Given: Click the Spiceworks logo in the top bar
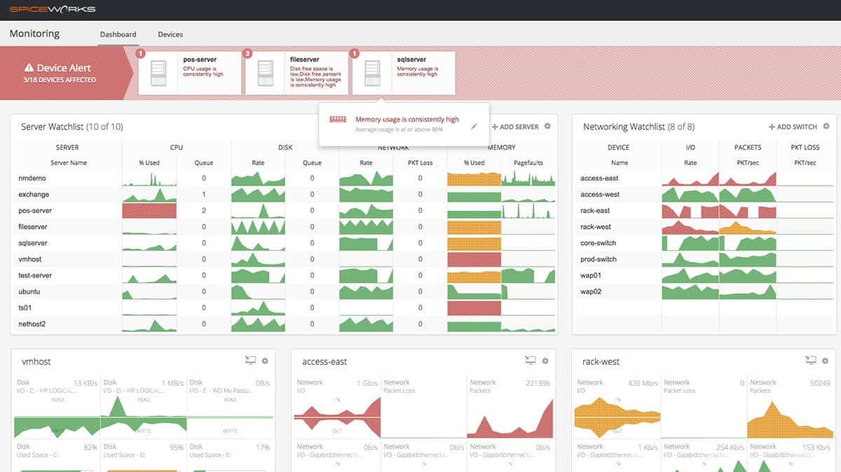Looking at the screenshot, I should pyautogui.click(x=53, y=9).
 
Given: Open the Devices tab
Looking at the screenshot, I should pyautogui.click(x=170, y=34).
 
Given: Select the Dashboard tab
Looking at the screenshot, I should pyautogui.click(x=118, y=34).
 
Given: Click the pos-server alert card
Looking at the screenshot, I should pyautogui.click(x=189, y=73).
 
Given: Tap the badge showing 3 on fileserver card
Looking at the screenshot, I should pyautogui.click(x=247, y=53).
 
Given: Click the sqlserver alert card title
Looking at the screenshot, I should pyautogui.click(x=411, y=60).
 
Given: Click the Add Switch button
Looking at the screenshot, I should pyautogui.click(x=793, y=127).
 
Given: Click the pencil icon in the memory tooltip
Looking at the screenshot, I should pyautogui.click(x=474, y=126).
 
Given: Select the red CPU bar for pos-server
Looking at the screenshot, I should pyautogui.click(x=149, y=211).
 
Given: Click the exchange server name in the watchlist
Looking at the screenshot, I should pyautogui.click(x=34, y=195).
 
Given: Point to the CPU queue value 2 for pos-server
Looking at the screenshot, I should pyautogui.click(x=204, y=211).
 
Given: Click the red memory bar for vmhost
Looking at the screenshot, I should pyautogui.click(x=474, y=259).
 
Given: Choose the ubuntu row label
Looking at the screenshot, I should pyautogui.click(x=30, y=292).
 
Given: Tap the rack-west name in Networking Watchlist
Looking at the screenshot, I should pyautogui.click(x=596, y=227).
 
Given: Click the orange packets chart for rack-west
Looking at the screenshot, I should pyautogui.click(x=747, y=227).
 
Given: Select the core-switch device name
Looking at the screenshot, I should pyautogui.click(x=598, y=243).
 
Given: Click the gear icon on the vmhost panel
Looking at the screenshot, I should pyautogui.click(x=265, y=361).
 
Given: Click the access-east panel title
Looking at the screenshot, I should pyautogui.click(x=324, y=362).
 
